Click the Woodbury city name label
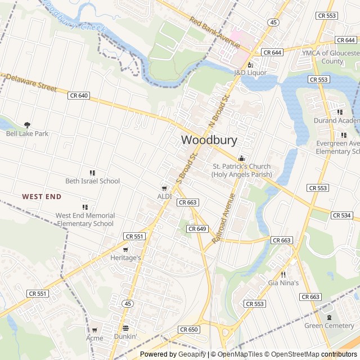click(x=209, y=140)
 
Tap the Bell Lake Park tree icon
click(x=27, y=125)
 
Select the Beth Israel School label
click(x=93, y=181)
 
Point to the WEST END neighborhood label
click(x=41, y=196)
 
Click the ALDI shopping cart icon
click(x=164, y=188)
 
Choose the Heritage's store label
click(x=125, y=257)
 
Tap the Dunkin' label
click(x=125, y=336)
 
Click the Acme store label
click(x=94, y=338)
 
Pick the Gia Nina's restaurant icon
click(x=283, y=274)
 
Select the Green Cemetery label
click(x=329, y=326)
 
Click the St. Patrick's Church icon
click(x=241, y=158)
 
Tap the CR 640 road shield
click(x=79, y=96)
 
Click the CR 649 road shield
click(x=197, y=229)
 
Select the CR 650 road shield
click(x=189, y=330)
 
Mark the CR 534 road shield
click(x=341, y=215)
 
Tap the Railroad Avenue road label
click(x=223, y=218)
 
